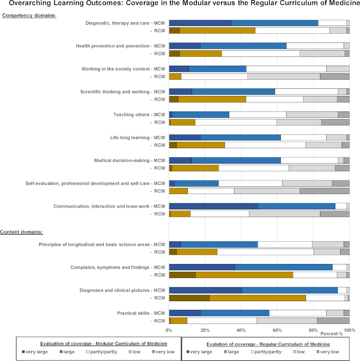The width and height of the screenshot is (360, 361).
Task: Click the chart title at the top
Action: pyautogui.click(x=184, y=3)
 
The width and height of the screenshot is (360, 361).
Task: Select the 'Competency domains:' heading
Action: pyautogui.click(x=29, y=15)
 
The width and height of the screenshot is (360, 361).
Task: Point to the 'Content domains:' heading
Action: pyautogui.click(x=21, y=232)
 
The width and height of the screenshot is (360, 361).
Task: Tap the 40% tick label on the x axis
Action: pyautogui.click(x=241, y=331)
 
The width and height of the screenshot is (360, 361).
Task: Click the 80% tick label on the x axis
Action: pyautogui.click(x=313, y=331)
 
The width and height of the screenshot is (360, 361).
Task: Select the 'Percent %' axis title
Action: pyautogui.click(x=332, y=334)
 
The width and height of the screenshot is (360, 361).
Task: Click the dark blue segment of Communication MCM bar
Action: pyautogui.click(x=213, y=206)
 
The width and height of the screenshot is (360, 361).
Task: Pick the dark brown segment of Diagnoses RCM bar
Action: pyautogui.click(x=189, y=298)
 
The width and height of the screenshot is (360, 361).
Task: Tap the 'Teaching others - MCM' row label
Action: pyautogui.click(x=139, y=115)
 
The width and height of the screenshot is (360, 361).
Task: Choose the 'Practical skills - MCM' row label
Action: pyautogui.click(x=141, y=313)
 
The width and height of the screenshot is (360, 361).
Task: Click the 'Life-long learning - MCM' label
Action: pyautogui.click(x=138, y=138)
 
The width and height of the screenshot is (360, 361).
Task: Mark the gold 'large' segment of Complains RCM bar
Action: pyautogui.click(x=244, y=275)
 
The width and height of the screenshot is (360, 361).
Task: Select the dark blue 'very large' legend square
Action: pyautogui.click(x=23, y=352)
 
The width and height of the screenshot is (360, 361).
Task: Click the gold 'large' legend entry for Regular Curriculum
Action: pyautogui.click(x=231, y=352)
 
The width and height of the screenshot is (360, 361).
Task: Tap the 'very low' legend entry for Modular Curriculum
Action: pyautogui.click(x=164, y=352)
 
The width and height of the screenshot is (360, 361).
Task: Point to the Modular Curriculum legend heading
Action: pyautogui.click(x=104, y=344)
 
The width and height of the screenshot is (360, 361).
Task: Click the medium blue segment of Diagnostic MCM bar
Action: pyautogui.click(x=275, y=23)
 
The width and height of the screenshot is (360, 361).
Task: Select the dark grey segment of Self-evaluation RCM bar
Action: pyautogui.click(x=325, y=191)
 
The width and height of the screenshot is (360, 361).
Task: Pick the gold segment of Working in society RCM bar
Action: pyautogui.click(x=175, y=77)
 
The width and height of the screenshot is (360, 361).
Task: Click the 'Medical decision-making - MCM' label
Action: pyautogui.click(x=129, y=160)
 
